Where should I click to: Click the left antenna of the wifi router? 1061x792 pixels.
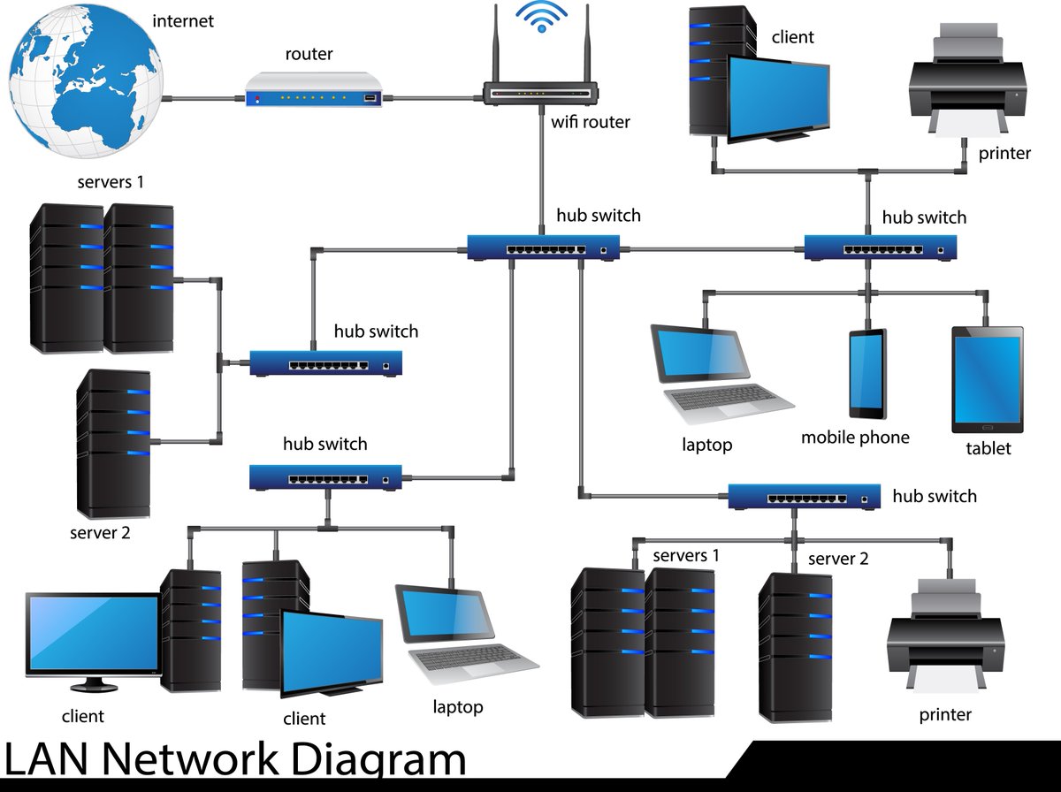pos(494,54)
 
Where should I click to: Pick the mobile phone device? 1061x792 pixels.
pos(867,374)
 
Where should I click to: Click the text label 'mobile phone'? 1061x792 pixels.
pos(854,438)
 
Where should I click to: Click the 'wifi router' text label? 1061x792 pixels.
pos(591,122)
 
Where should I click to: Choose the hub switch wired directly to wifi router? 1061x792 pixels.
pos(541,247)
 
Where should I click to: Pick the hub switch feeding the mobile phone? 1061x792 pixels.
pos(880,248)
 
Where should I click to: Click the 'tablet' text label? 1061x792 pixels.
pos(988,448)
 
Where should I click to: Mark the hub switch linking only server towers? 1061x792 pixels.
pos(325,363)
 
